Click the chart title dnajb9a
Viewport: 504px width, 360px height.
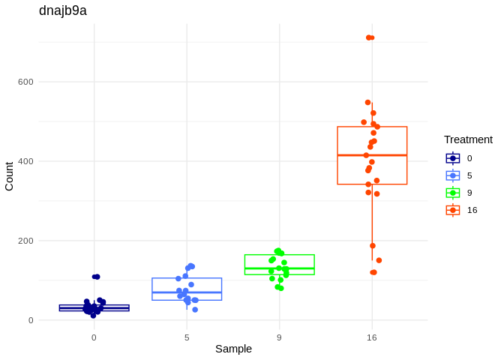63,10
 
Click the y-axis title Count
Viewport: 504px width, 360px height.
9,176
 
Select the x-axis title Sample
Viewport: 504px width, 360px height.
233,349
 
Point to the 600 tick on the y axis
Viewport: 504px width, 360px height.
25,82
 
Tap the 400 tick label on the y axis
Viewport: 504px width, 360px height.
25,161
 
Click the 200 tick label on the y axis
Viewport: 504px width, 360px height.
25,241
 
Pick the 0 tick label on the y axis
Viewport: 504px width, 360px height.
31,320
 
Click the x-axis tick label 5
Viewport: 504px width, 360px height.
187,337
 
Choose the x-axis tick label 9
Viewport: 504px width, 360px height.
279,337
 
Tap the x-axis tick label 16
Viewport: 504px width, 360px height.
372,337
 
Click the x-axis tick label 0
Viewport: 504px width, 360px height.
94,337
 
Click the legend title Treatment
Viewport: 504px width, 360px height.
468,139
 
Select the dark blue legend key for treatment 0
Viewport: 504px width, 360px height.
453,158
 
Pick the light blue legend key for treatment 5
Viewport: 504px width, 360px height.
453,175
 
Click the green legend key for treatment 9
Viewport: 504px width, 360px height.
453,193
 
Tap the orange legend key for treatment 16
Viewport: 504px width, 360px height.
453,210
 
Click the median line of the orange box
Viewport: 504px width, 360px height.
372,155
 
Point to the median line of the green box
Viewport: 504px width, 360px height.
279,268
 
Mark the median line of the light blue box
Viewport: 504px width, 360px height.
187,292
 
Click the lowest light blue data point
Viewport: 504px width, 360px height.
195,310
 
